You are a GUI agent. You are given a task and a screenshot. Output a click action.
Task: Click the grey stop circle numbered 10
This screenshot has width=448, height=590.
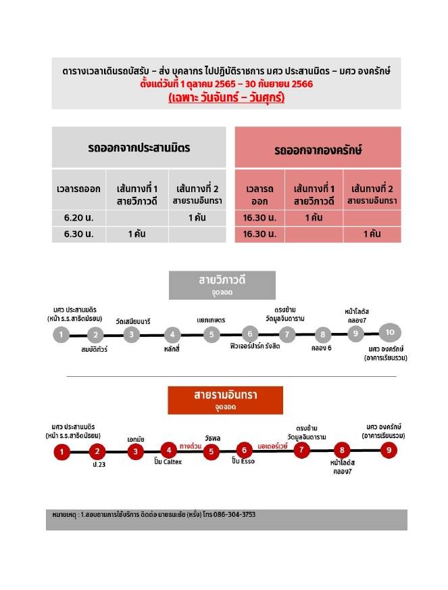391,332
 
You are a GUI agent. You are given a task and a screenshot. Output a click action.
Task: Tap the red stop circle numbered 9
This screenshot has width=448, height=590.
387,451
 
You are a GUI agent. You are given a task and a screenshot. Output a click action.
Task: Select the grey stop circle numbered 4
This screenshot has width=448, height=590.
172,334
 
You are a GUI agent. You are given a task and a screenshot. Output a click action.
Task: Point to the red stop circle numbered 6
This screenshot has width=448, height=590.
244,451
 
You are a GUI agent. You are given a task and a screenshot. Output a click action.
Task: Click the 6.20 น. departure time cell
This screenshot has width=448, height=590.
78,218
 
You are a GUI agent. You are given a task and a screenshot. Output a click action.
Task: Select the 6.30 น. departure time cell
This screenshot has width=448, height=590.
78,234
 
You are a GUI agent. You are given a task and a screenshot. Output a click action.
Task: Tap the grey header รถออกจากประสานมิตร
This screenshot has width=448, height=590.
139,147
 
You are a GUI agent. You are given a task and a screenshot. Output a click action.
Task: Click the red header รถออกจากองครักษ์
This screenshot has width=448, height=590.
318,150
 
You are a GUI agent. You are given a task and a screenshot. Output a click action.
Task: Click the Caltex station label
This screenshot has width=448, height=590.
168,461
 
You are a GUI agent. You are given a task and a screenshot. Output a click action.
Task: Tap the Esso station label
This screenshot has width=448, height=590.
243,461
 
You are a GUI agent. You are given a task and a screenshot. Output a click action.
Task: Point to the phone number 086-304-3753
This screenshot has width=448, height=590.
230,515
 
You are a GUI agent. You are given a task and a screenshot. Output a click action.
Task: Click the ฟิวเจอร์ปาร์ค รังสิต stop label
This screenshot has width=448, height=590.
250,349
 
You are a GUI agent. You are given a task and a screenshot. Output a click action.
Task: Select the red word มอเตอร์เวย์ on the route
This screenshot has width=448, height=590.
272,447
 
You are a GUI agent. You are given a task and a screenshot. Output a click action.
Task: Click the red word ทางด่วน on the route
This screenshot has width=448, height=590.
191,446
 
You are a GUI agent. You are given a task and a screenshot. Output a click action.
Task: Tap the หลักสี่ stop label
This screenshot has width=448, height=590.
172,349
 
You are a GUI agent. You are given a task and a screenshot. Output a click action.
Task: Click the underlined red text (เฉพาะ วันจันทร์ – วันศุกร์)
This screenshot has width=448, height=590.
226,99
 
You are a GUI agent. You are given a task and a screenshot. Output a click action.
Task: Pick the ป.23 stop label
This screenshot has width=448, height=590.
99,465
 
